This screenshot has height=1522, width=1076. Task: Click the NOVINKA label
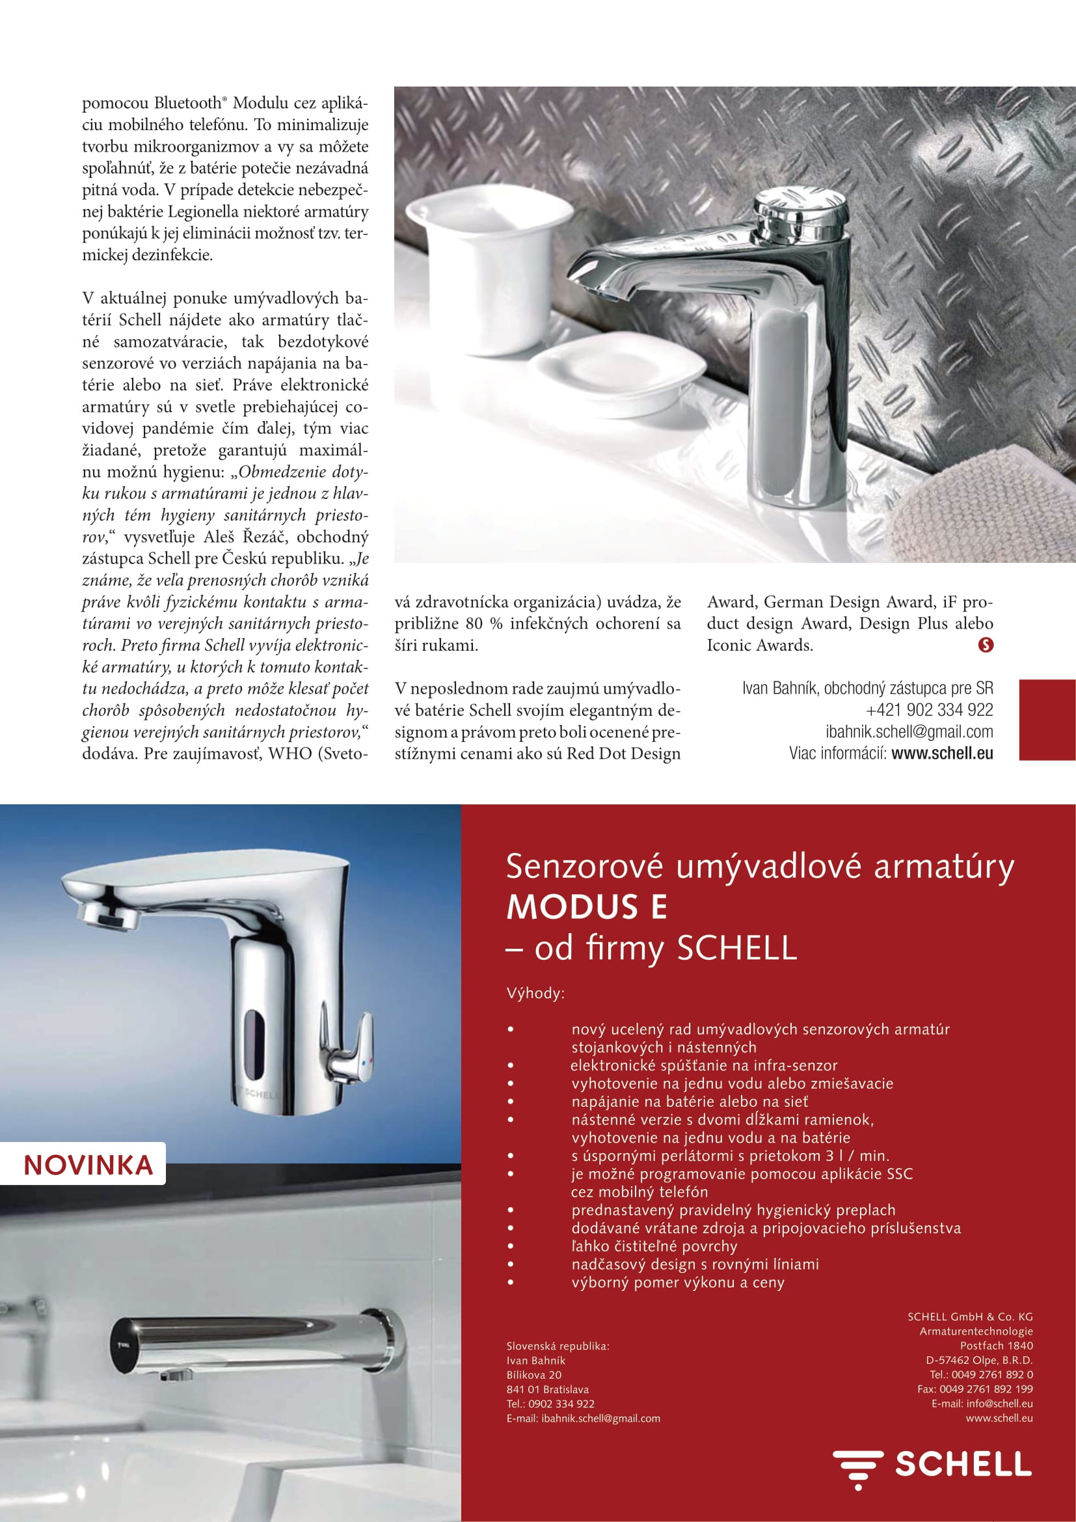pyautogui.click(x=88, y=1165)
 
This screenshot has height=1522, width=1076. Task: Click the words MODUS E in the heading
pyautogui.click(x=586, y=907)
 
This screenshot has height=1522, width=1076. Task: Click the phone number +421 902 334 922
pyautogui.click(x=929, y=710)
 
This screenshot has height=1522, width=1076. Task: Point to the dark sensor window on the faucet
pyautogui.click(x=253, y=1043)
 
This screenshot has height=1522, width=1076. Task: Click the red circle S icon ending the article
pyautogui.click(x=985, y=644)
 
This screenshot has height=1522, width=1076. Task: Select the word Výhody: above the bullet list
pyautogui.click(x=535, y=993)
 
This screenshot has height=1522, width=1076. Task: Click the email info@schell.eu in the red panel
pyautogui.click(x=999, y=1404)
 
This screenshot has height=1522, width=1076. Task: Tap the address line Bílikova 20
pyautogui.click(x=533, y=1375)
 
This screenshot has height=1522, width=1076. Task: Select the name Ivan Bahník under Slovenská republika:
pyautogui.click(x=535, y=1360)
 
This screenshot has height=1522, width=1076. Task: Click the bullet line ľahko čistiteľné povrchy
pyautogui.click(x=654, y=1246)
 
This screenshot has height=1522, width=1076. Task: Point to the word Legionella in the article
pyautogui.click(x=206, y=212)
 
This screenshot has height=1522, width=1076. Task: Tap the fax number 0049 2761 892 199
pyautogui.click(x=986, y=1389)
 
